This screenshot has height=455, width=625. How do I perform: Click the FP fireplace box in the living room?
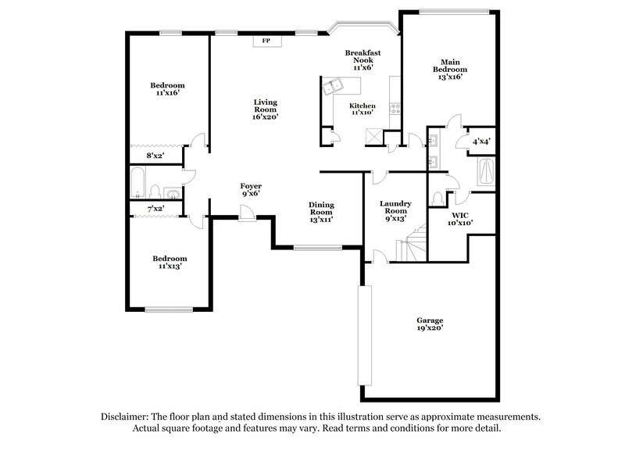pyautogui.click(x=266, y=41)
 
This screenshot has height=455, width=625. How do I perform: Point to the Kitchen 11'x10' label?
pyautogui.click(x=362, y=109)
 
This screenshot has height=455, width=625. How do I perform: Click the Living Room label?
pyautogui.click(x=265, y=109)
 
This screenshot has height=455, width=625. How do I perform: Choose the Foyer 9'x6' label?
pyautogui.click(x=250, y=189)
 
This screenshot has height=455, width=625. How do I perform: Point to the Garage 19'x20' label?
pyautogui.click(x=430, y=324)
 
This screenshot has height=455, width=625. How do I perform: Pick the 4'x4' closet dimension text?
pyautogui.click(x=482, y=142)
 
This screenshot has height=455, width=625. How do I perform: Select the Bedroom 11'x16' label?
pyautogui.click(x=168, y=89)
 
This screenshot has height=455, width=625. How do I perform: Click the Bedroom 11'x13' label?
pyautogui.click(x=170, y=263)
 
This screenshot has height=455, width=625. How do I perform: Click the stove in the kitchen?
pyautogui.click(x=395, y=109)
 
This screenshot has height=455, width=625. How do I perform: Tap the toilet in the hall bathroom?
pyautogui.click(x=155, y=192)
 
